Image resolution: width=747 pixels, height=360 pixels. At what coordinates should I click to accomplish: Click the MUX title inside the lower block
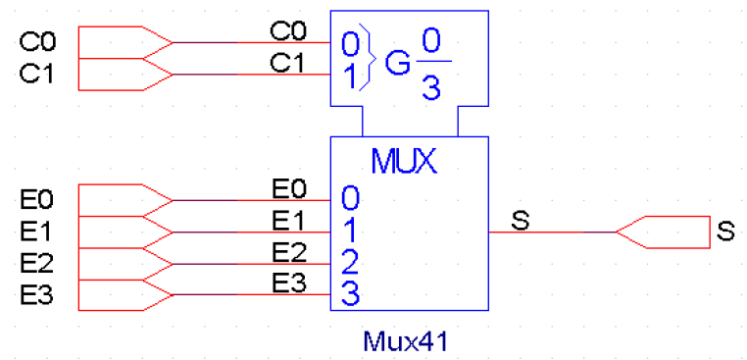[x=403, y=161]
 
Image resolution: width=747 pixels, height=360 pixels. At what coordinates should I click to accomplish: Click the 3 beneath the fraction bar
[x=429, y=87]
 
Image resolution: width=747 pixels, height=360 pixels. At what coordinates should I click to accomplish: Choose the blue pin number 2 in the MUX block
[x=350, y=262]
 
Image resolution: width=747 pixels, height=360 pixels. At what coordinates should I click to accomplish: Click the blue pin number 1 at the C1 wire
[x=350, y=77]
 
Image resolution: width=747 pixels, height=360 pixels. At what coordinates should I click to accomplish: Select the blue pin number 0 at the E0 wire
[x=350, y=199]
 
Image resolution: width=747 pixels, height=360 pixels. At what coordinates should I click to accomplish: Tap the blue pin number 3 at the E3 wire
[x=350, y=293]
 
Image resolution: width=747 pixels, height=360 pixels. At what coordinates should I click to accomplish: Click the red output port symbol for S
[x=661, y=232]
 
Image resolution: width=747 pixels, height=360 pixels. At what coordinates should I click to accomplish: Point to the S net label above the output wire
[x=520, y=221]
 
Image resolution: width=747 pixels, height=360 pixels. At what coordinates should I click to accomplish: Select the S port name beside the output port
[x=725, y=232]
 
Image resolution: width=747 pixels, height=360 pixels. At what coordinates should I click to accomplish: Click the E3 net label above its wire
[x=289, y=283]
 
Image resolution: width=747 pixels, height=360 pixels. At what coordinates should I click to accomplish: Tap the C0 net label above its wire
[x=286, y=31]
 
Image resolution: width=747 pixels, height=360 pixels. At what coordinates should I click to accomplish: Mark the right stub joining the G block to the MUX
[x=458, y=122]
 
